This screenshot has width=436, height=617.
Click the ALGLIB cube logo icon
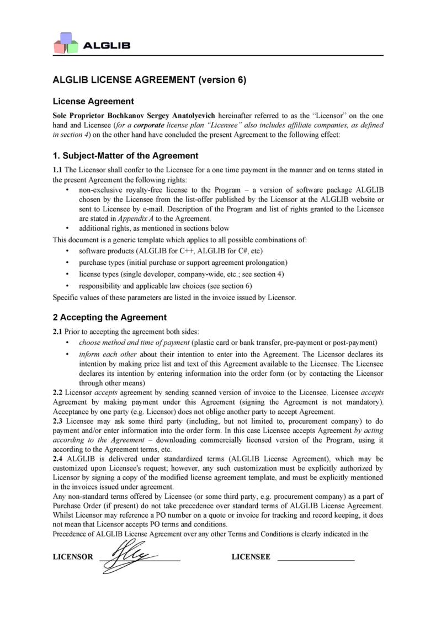65,42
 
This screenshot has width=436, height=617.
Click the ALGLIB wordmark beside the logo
107,45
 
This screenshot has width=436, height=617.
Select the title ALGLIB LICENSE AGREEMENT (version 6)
149,79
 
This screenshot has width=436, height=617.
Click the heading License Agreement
93,102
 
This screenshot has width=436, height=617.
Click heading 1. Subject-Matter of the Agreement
125,156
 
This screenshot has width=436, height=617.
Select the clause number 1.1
57,169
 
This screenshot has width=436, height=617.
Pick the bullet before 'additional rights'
67,228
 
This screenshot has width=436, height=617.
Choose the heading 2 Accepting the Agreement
109,317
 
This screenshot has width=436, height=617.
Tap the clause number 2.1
57,331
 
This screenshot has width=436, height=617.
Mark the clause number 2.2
57,392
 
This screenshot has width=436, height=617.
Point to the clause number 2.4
57,458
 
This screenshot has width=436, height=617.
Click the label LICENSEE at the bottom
251,557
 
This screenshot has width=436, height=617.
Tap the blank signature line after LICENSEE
316,560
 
